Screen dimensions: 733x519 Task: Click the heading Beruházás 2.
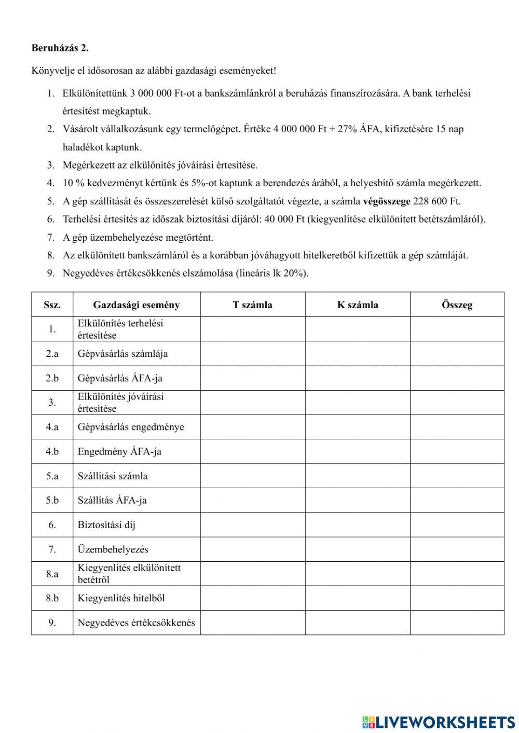click(60, 48)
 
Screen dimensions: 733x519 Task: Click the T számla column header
click(252, 305)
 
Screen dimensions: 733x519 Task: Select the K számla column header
click(357, 305)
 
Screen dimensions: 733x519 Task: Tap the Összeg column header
click(457, 305)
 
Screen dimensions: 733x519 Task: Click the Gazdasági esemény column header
click(136, 305)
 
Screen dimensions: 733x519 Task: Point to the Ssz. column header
click(52, 305)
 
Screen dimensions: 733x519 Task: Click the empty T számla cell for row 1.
click(252, 329)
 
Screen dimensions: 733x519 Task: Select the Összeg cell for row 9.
click(457, 623)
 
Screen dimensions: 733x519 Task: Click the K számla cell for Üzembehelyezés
click(357, 549)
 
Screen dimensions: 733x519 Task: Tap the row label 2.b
click(52, 378)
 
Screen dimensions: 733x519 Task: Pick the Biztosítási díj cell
click(136, 525)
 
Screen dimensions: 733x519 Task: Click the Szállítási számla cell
click(136, 476)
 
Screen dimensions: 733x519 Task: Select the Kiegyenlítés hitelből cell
click(136, 598)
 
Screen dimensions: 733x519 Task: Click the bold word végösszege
click(386, 201)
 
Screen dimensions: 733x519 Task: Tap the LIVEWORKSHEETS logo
click(439, 722)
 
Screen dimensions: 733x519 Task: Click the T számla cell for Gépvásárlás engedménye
click(252, 427)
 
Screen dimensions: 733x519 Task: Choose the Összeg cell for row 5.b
click(457, 500)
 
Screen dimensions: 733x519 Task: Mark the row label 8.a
click(52, 574)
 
